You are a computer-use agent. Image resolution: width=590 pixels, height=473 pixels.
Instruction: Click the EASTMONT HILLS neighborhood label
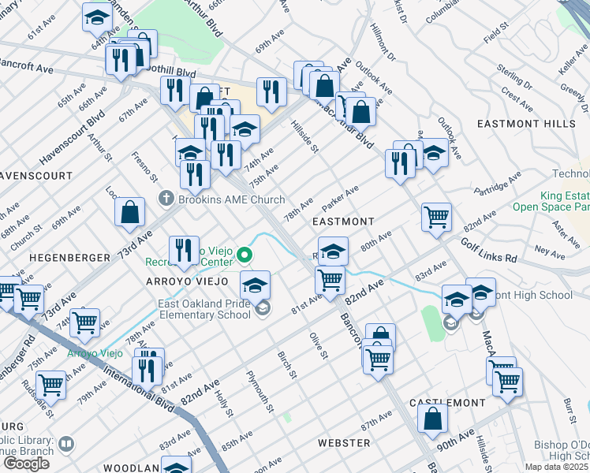[x=527, y=124]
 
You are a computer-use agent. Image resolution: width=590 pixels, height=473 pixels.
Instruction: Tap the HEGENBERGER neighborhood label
[x=62, y=258]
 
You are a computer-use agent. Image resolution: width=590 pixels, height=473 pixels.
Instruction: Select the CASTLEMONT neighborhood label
[x=448, y=403]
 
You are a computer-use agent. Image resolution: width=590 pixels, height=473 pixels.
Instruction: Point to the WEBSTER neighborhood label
[x=344, y=444]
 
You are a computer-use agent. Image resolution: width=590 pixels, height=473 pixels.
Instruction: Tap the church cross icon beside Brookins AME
[x=166, y=199]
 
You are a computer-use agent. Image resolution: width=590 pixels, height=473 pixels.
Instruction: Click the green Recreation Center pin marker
[x=245, y=255]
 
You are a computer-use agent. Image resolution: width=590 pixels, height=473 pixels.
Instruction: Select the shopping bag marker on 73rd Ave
[x=129, y=211]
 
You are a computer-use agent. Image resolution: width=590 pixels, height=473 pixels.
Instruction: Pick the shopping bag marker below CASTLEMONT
[x=432, y=419]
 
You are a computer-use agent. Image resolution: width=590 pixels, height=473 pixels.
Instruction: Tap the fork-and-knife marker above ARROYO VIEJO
[x=183, y=251]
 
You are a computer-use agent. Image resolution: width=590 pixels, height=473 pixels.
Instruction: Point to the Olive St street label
[x=318, y=345]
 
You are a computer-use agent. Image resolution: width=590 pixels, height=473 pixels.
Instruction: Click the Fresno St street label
[x=142, y=166]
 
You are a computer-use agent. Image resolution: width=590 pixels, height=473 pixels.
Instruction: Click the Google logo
[x=25, y=464]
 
